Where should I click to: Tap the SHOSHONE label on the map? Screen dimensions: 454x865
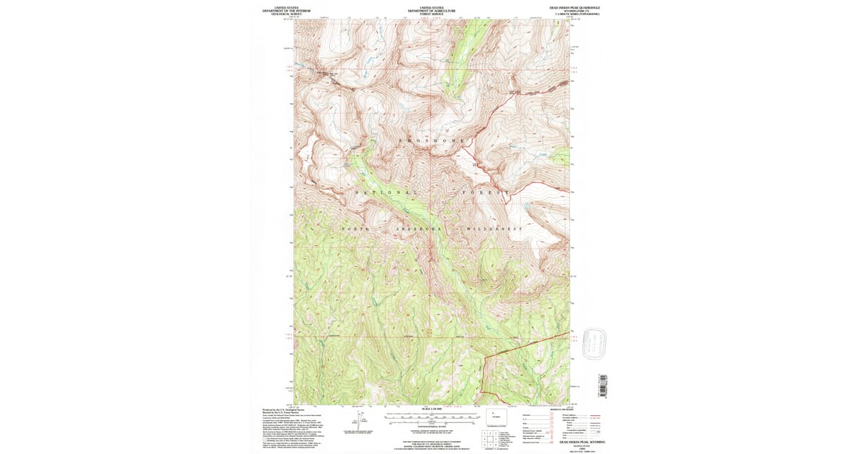[432, 140]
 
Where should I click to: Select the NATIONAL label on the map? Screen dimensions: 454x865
[386, 193]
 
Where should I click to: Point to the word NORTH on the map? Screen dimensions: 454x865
[355, 229]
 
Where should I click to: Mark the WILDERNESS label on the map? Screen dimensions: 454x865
[494, 229]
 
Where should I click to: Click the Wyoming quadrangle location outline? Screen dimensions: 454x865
[496, 417]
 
